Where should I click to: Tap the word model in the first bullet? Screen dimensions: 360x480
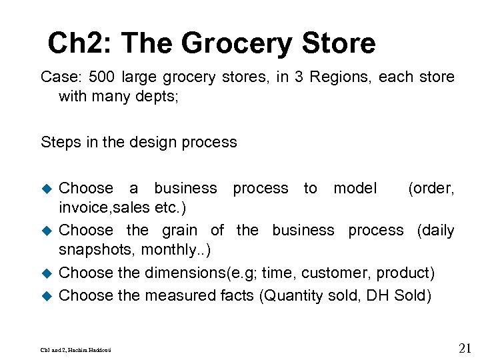355,189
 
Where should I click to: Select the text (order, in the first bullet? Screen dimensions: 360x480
431,189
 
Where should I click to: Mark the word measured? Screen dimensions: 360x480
180,295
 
